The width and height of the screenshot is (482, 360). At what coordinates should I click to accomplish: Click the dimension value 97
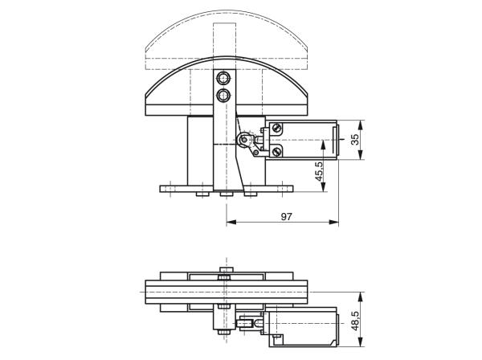pos(286,217)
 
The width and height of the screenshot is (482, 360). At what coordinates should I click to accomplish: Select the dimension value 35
pos(355,140)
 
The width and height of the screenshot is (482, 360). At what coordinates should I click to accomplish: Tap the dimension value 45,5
pos(319,171)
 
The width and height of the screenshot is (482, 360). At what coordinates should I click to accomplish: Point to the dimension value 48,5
pos(355,321)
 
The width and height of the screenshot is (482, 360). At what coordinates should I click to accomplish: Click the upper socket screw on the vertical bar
pos(223,78)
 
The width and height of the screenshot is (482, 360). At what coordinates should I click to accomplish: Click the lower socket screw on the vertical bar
pos(223,96)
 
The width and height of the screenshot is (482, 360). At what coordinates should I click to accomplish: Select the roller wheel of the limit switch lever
pos(244,140)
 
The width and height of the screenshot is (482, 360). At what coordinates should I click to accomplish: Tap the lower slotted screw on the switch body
pos(276,151)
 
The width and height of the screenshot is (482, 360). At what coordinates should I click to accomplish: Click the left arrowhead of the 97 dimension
pos(231,222)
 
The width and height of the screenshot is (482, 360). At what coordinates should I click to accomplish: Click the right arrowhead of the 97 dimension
pos(334,222)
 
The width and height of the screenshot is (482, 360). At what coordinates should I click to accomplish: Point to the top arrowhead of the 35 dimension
pos(361,125)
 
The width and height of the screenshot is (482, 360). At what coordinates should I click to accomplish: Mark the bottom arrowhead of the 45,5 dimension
pos(323,186)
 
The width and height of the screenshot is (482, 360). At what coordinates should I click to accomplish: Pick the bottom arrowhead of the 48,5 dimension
pos(361,342)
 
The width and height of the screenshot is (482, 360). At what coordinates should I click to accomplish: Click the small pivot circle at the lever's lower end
pos(255,152)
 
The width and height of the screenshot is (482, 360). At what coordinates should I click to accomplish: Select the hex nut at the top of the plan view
pos(227,270)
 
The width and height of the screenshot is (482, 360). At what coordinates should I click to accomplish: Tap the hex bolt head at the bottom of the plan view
pos(224,332)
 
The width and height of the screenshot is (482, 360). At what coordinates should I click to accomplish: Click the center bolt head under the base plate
pos(227,194)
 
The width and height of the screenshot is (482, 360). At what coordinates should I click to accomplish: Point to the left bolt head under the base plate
pos(202,194)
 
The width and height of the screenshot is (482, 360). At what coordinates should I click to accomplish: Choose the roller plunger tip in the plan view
pos(243,323)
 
